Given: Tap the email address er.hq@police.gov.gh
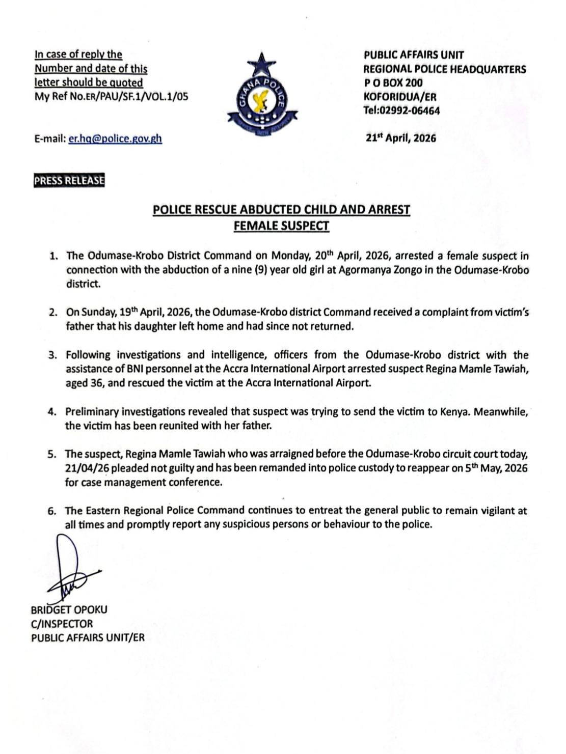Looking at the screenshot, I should point(115,138).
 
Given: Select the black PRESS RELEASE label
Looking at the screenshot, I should point(69,181).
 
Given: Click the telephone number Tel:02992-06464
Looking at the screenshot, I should point(401,110).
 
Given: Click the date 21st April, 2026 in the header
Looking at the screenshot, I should point(401,138).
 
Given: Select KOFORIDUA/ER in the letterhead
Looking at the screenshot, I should point(400,97).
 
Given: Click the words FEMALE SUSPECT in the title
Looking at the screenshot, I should point(281,225).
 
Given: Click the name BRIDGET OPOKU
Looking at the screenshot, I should point(69,609).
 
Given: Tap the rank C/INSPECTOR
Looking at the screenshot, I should point(62,624).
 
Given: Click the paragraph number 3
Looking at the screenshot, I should point(52,355).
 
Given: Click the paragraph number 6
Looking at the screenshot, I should point(52,511).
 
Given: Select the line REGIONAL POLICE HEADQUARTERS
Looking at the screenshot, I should point(445,69).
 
